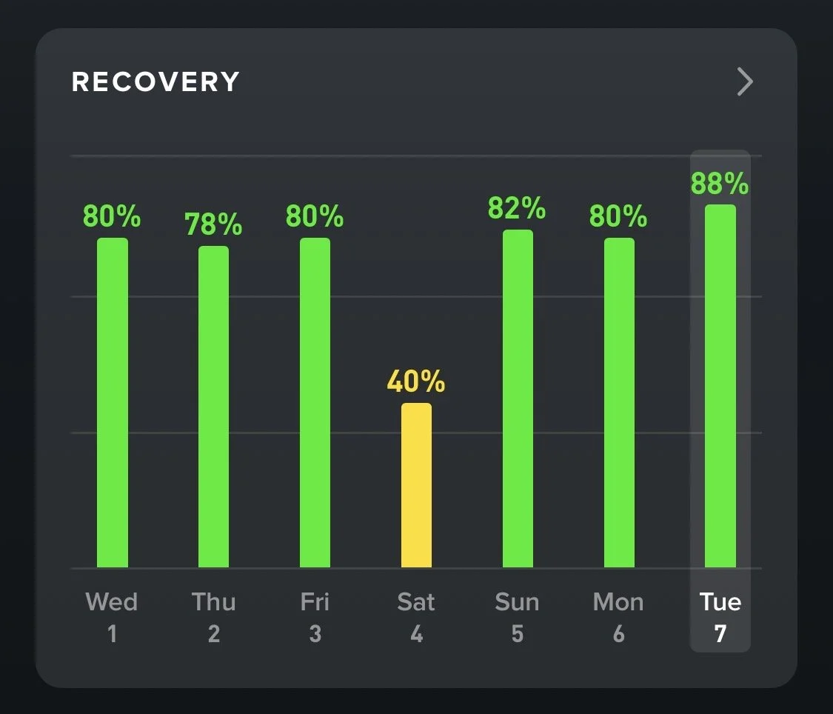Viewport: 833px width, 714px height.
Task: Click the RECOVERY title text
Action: click(155, 82)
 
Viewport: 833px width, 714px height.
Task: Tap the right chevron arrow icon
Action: click(745, 82)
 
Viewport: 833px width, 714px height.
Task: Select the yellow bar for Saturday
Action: click(416, 485)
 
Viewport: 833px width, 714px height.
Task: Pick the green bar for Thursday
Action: click(213, 407)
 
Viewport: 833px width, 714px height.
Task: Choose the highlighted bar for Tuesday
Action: click(720, 386)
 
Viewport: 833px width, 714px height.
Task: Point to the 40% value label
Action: click(416, 382)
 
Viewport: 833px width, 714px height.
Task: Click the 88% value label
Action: click(720, 184)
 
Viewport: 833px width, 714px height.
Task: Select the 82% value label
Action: click(517, 209)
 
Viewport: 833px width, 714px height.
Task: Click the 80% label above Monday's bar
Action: click(618, 217)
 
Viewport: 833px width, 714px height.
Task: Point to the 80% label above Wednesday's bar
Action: click(112, 217)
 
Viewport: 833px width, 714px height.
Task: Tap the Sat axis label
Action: click(416, 601)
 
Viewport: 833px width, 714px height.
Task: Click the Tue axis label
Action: click(720, 601)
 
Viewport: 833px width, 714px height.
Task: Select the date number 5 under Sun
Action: click(518, 634)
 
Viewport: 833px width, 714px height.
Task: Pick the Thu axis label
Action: click(213, 601)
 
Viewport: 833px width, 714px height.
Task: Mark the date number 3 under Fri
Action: click(315, 634)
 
